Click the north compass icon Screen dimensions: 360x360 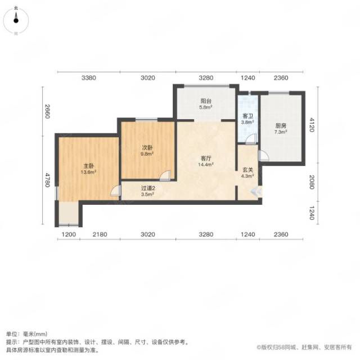click(16, 20)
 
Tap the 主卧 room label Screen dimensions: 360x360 click(88, 166)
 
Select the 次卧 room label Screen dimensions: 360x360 click(147, 148)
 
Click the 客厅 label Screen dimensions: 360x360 click(206, 159)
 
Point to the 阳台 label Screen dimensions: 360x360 click(206, 101)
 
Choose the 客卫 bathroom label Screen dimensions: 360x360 click(247, 116)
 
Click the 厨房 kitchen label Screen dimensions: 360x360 click(281, 126)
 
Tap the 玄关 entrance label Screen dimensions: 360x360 click(247, 170)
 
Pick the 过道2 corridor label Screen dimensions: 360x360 click(148, 188)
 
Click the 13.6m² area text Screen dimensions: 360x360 click(88, 172)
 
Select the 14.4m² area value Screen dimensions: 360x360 click(206, 164)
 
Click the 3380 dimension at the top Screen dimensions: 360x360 click(89, 78)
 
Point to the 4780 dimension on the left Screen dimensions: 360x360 click(47, 180)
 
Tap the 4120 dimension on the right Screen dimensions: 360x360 click(312, 125)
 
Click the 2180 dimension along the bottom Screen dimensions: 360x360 click(100, 235)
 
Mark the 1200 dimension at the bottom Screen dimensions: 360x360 click(69, 235)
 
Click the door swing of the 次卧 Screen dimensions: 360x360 click(165, 175)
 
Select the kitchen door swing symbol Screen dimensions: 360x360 click(263, 156)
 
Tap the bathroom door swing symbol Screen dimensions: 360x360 click(251, 139)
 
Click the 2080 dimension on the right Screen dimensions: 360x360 click(312, 182)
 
